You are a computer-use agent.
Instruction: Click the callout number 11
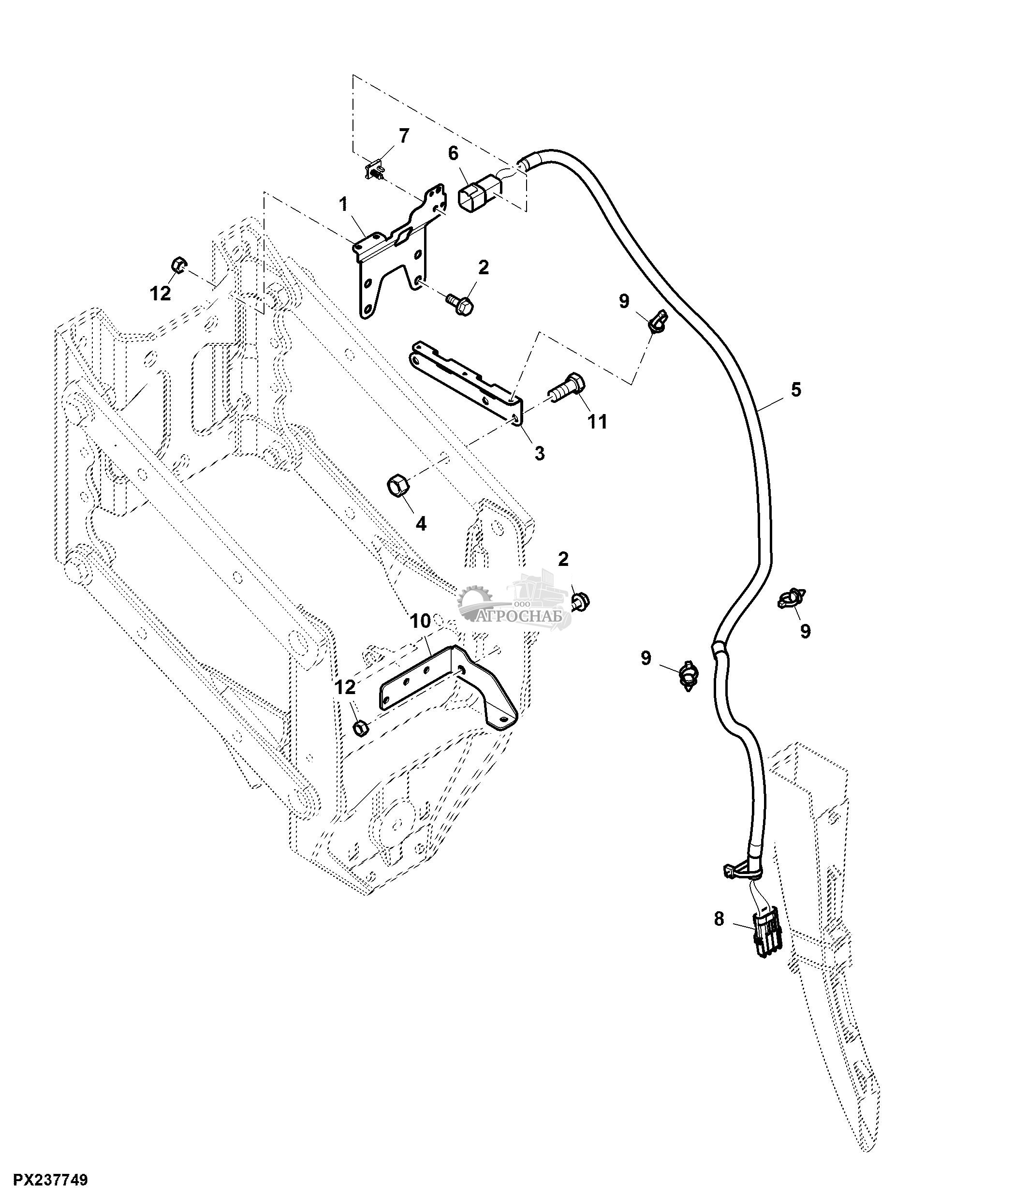pos(598,422)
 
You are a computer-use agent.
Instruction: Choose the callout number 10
pos(421,622)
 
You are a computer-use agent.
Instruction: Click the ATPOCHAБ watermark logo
pos(514,605)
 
